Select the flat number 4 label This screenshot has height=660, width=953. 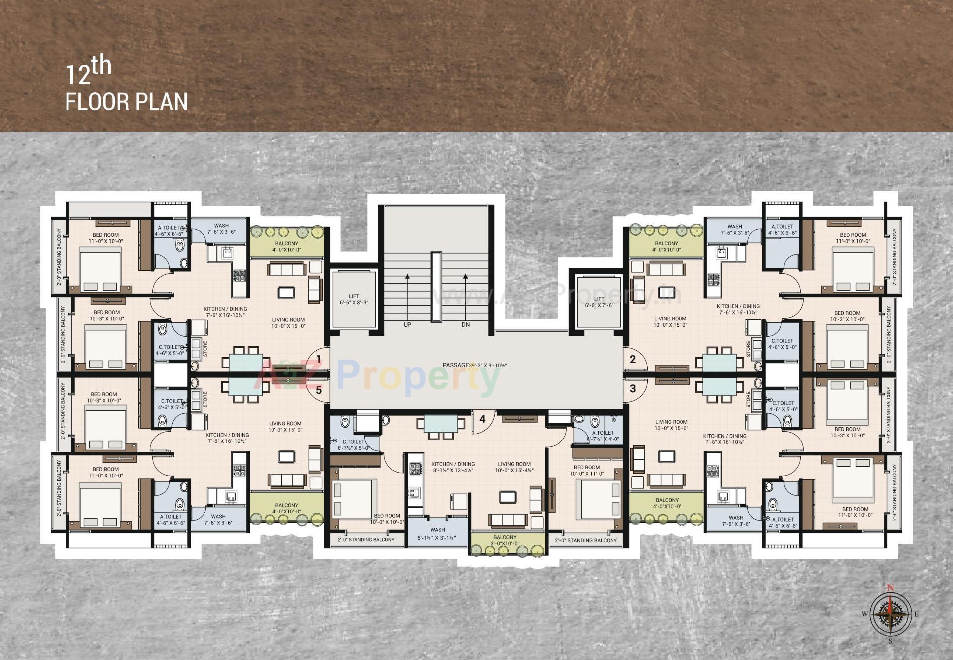coord(482,419)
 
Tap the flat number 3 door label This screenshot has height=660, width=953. coord(633,388)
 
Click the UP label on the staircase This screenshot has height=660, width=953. coord(408,325)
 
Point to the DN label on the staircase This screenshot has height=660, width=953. coord(465,325)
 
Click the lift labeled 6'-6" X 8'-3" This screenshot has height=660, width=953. coord(354,299)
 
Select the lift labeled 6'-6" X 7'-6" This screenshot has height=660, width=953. coord(599,302)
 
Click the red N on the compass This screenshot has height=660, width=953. coord(890,588)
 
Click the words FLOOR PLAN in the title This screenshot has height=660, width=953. coord(127,101)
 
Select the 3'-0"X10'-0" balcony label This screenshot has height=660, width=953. coord(505,541)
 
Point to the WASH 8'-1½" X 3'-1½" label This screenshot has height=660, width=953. coord(437,534)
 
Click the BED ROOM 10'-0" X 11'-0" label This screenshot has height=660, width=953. coord(586,470)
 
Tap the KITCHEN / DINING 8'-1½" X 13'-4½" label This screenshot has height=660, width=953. coord(453,467)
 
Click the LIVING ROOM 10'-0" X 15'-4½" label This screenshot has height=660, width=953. coord(514,467)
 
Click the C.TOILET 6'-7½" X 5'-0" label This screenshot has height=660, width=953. coord(353,444)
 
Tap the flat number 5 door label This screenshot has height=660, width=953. coord(319,390)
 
